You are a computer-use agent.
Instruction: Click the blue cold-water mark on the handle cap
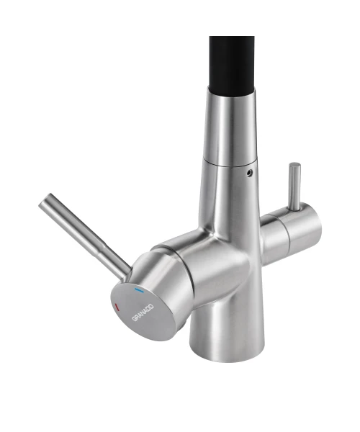139,290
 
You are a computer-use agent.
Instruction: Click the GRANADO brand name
143,312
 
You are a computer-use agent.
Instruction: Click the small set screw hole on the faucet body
250,173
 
